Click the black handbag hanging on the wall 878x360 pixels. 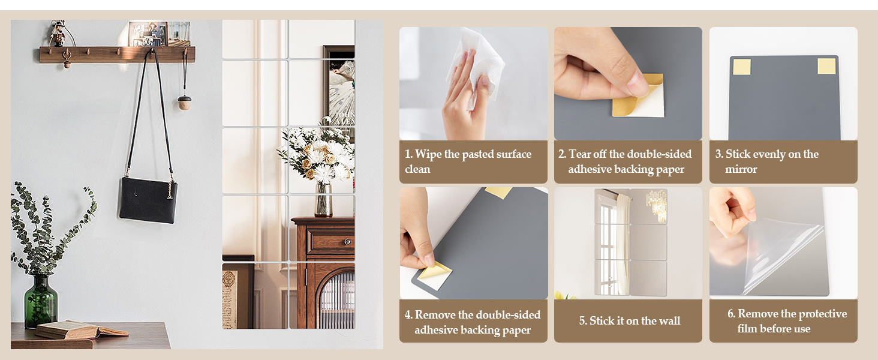point(148,200)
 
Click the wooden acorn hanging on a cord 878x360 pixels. point(184,103)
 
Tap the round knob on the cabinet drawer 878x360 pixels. point(347,242)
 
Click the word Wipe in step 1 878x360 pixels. point(429,154)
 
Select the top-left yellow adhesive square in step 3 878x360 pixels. point(742,67)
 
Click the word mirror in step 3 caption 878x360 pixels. point(741,169)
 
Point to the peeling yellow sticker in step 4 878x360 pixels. point(434,275)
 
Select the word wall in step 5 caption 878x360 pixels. point(670,321)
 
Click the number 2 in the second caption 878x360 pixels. point(561,154)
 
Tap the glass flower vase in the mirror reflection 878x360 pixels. point(324,199)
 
